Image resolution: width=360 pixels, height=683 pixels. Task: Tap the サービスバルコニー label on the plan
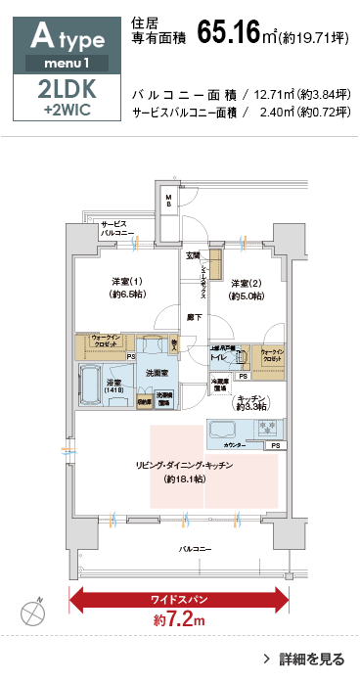pos(116,230)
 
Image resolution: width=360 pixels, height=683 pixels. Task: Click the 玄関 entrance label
pos(193,255)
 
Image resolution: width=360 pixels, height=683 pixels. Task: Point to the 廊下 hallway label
pos(194,316)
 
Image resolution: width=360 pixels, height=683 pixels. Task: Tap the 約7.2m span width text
pos(179,620)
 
